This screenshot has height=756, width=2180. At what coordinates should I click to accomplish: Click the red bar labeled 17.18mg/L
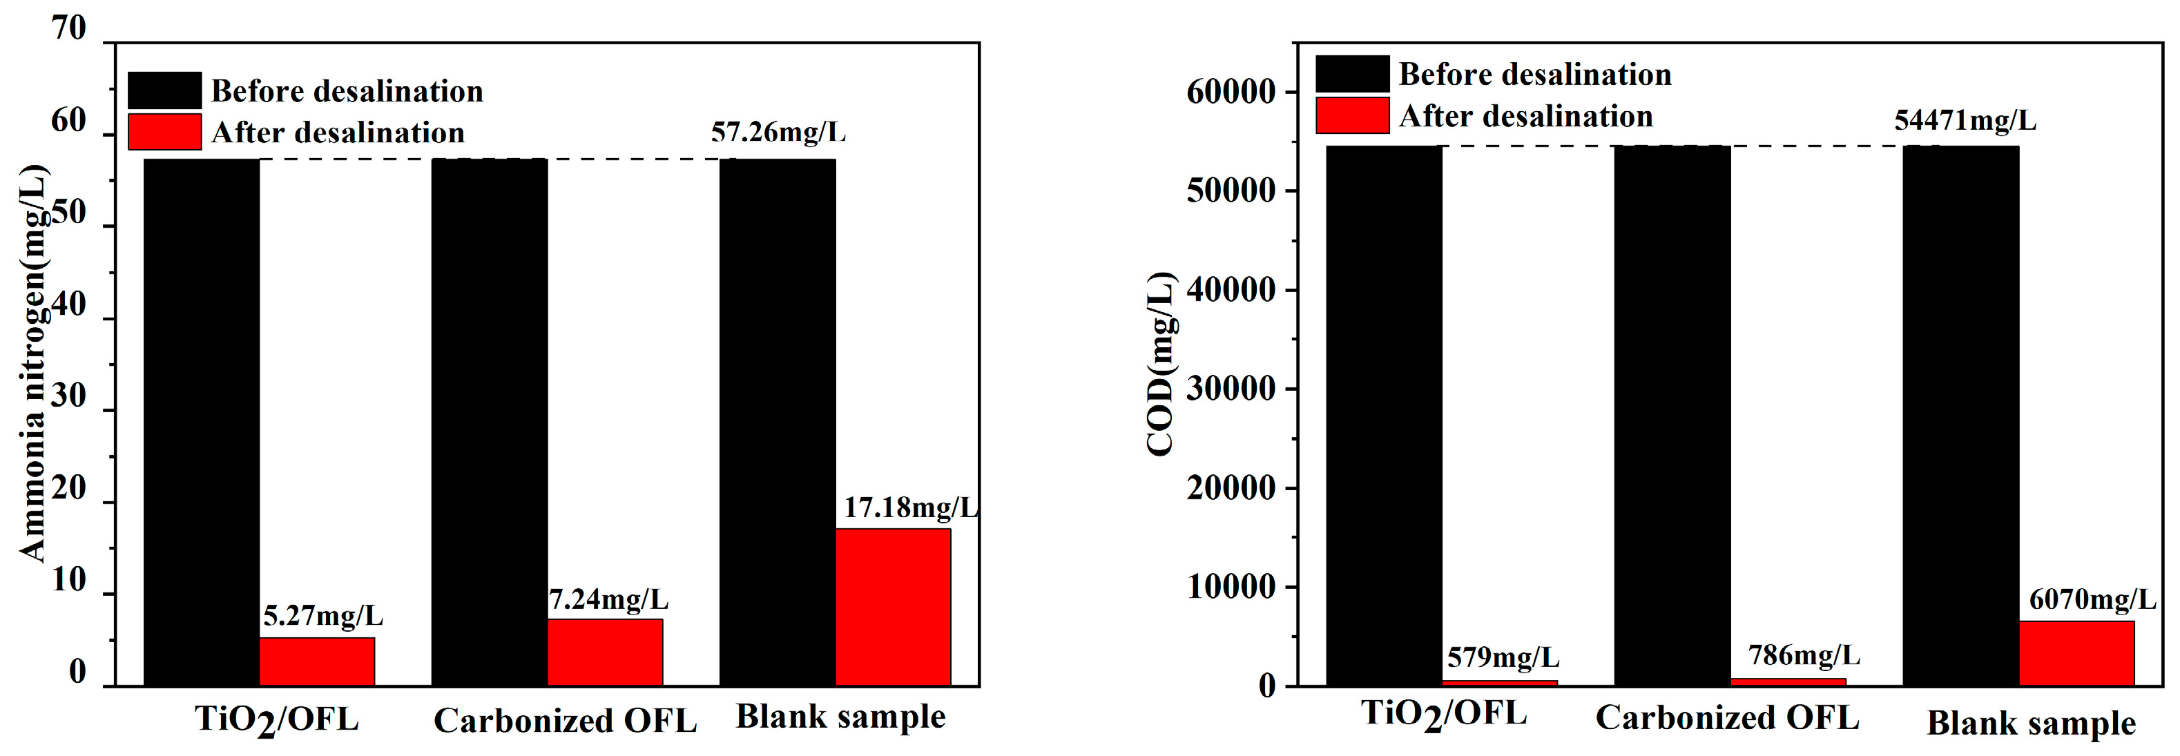pos(893,606)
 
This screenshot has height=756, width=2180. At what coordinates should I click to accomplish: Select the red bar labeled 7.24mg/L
pos(605,652)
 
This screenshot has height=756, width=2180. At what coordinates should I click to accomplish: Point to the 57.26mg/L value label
pos(778,132)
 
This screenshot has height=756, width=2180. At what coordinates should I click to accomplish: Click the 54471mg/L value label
pos(1965,120)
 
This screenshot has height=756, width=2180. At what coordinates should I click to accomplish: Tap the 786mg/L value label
pos(1804,655)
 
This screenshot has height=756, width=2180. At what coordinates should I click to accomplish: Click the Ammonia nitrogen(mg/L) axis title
pos(34,364)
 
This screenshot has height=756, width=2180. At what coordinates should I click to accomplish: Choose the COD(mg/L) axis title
pos(1160,364)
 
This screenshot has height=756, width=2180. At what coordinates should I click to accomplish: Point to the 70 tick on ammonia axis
pos(68,29)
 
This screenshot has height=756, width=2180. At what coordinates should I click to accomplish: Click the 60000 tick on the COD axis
pos(1231,91)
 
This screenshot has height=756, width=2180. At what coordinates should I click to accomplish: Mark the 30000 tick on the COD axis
pos(1231,389)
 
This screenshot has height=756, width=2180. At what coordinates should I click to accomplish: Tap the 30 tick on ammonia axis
pos(68,396)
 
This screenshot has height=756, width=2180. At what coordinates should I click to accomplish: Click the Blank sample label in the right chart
pos(2031,724)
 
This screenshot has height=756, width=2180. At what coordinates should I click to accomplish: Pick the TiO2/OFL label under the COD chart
pos(1444,715)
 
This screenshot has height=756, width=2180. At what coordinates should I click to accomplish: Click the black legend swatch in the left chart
pos(164,90)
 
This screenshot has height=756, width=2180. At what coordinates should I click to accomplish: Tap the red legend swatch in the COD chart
pos(1351,115)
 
